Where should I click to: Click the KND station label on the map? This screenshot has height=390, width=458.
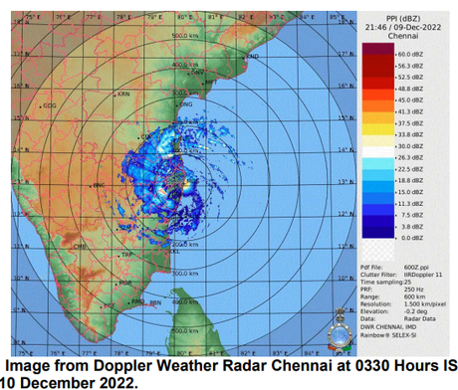click(x=252, y=57)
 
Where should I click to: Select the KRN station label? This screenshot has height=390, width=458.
click(x=124, y=94)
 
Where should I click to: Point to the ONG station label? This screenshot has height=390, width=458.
click(x=185, y=103)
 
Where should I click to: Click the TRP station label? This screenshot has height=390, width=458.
click(x=127, y=256)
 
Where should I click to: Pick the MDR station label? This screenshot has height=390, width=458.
click(x=125, y=283)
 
